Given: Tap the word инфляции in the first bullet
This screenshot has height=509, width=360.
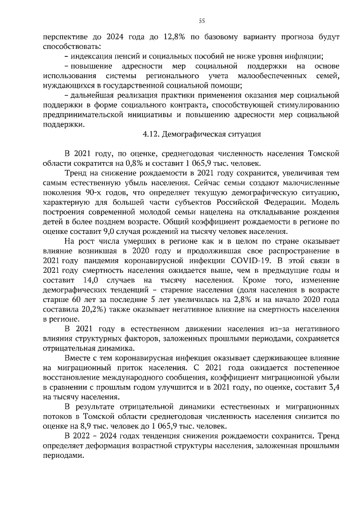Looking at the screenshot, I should pos(305,56).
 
